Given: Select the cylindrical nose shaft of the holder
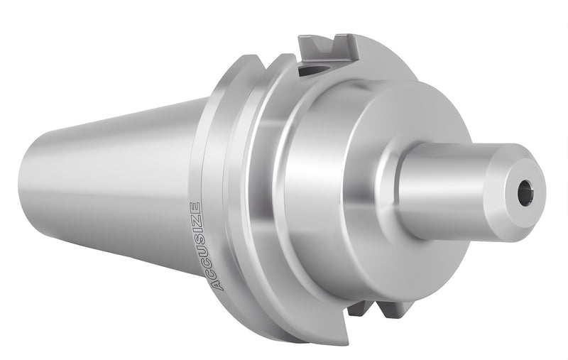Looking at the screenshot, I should [x=454, y=190].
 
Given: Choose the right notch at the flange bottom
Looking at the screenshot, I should [x=394, y=309].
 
